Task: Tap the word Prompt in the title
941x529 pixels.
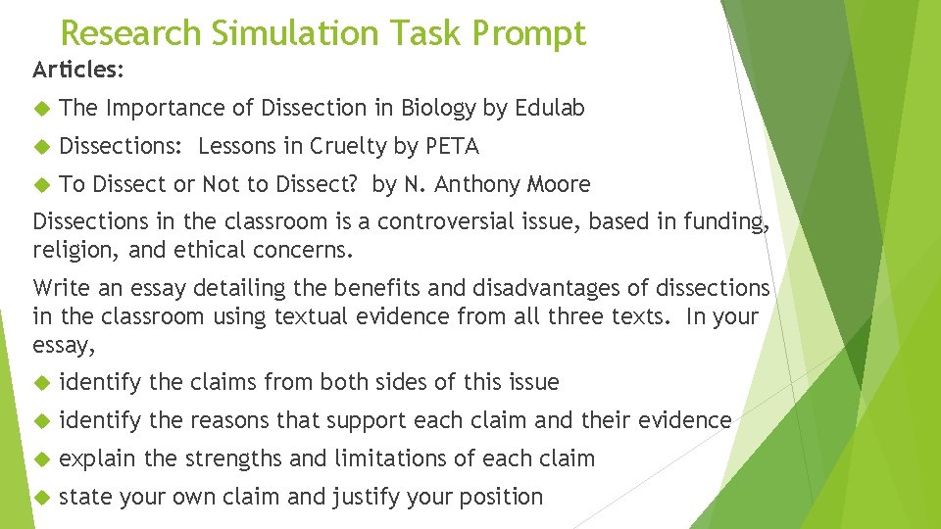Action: point(529,33)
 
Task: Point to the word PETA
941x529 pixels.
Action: point(452,147)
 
